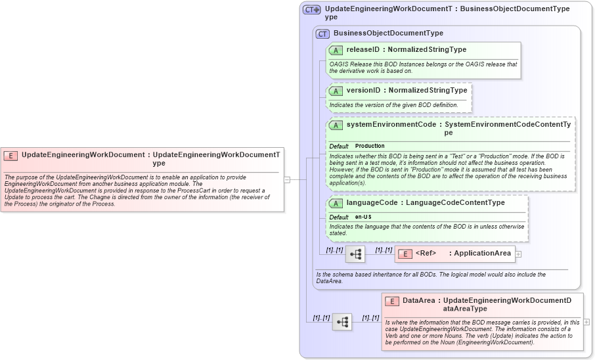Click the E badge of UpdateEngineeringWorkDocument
click(x=11, y=156)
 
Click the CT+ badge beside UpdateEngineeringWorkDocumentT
click(x=311, y=10)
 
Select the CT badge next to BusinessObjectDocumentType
click(x=322, y=34)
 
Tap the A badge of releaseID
click(x=336, y=50)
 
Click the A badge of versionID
click(x=336, y=91)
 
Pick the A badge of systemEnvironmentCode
click(x=336, y=125)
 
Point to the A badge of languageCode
click(x=336, y=203)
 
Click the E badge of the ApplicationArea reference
click(x=405, y=254)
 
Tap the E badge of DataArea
click(x=391, y=301)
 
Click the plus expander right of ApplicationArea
click(x=518, y=254)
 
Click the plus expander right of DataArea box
click(x=586, y=322)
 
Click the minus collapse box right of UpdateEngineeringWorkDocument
click(x=287, y=179)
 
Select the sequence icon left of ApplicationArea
click(x=355, y=254)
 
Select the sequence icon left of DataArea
click(x=342, y=322)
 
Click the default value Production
click(x=370, y=146)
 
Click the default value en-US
click(x=363, y=217)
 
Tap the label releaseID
click(x=363, y=49)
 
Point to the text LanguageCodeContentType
click(x=455, y=202)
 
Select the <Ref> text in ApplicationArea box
click(x=426, y=254)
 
